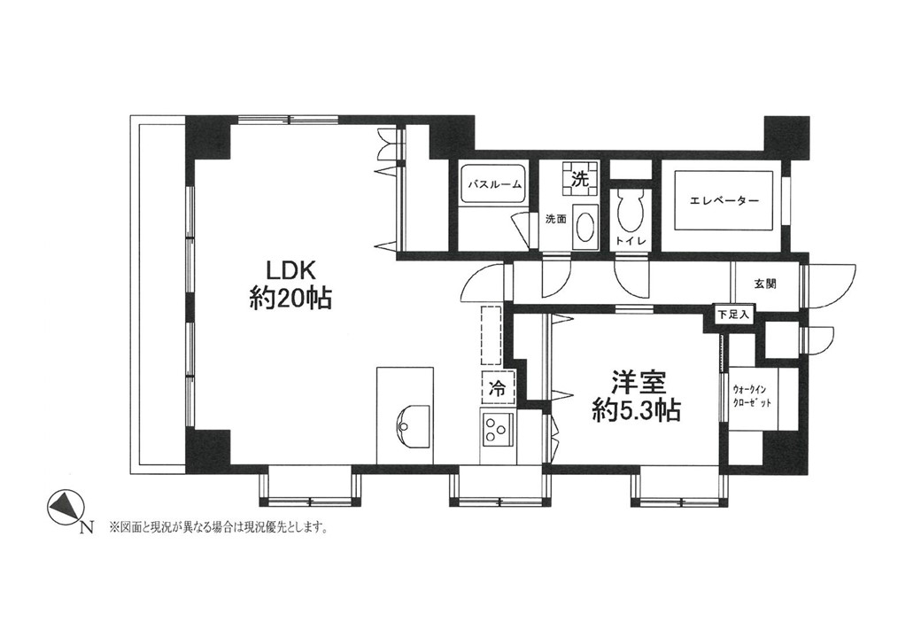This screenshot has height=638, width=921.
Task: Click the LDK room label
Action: point(292,271)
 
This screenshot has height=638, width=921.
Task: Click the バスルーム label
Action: point(494,184)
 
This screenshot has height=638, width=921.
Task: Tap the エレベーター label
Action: point(724,201)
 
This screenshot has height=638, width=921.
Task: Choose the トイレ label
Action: point(631,241)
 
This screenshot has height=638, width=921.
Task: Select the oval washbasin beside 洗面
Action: point(585,225)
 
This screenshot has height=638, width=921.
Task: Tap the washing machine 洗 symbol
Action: point(581,177)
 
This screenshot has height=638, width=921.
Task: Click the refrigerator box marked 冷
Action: point(498,388)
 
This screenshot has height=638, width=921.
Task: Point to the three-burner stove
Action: point(497,430)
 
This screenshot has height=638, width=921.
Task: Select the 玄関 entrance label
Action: point(765,284)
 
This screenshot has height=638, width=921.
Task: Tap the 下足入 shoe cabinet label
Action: point(733,315)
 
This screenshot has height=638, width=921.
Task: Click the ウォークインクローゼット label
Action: point(752,397)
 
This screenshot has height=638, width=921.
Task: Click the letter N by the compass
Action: point(87,527)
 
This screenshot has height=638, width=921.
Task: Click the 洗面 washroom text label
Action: point(555,220)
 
